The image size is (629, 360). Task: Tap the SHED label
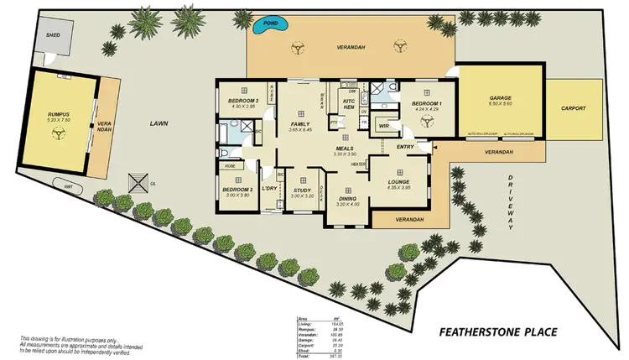53,36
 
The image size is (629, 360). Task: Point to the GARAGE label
501,98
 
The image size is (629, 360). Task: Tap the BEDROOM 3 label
242,102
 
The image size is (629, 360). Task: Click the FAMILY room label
300,123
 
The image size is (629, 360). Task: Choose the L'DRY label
269,188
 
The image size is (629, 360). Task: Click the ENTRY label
405,147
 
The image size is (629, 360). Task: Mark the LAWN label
159,124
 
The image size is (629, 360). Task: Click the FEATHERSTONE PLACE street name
498,334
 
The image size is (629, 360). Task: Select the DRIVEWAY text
511,202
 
